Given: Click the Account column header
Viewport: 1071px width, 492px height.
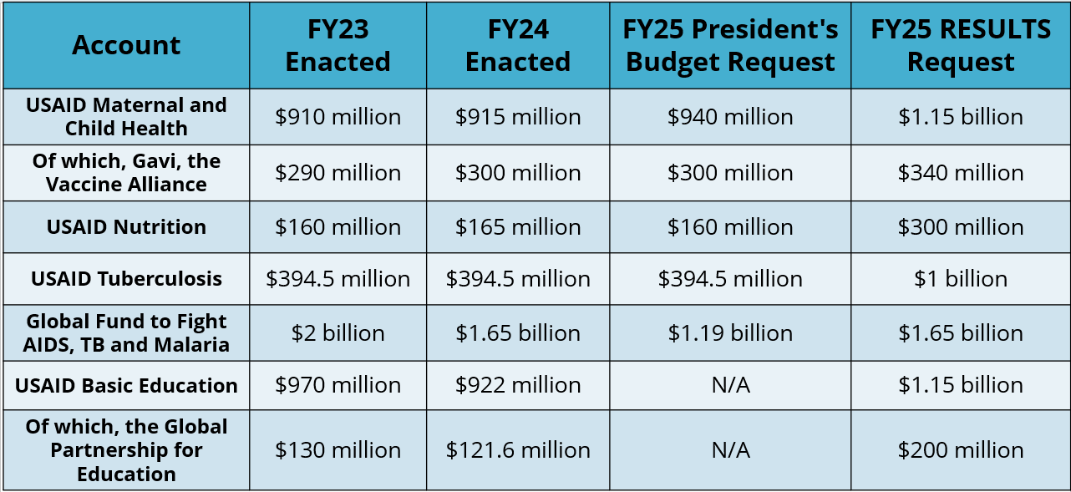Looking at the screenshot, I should (x=126, y=45).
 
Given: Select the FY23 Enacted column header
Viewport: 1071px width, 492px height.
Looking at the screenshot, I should (x=338, y=45).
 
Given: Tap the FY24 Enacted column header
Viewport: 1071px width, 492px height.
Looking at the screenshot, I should (x=518, y=45).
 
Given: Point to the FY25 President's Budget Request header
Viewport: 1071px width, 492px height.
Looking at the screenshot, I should (x=730, y=45).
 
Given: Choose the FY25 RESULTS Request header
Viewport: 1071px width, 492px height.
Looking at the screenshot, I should (x=961, y=45).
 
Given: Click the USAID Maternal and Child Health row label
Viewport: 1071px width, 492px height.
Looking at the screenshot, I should (x=126, y=117).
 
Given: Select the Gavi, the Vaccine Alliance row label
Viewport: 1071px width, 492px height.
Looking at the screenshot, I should (x=126, y=173).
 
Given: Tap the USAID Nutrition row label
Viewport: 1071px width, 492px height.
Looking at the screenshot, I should (x=126, y=227).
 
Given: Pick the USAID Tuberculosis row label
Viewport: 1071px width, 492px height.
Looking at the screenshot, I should (x=126, y=278).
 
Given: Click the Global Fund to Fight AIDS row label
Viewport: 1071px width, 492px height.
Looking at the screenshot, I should (x=126, y=332).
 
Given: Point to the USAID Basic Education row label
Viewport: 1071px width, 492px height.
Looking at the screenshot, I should (x=126, y=385).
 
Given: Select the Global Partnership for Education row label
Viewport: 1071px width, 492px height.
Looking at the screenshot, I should (x=126, y=450).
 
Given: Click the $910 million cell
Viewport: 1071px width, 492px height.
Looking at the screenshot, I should (x=338, y=117).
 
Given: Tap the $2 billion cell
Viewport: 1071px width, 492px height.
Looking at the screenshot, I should (x=338, y=332).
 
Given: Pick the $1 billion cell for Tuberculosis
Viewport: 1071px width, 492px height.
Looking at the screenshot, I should (x=961, y=278).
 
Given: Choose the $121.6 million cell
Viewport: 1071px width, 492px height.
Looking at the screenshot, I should (x=518, y=450).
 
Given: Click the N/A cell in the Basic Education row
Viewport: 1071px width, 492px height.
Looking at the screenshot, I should (x=730, y=385).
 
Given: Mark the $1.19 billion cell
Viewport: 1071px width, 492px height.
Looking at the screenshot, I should (x=730, y=332).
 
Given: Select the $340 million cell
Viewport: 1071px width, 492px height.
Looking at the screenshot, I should (x=961, y=173).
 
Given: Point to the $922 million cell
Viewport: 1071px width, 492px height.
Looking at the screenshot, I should (x=518, y=385).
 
